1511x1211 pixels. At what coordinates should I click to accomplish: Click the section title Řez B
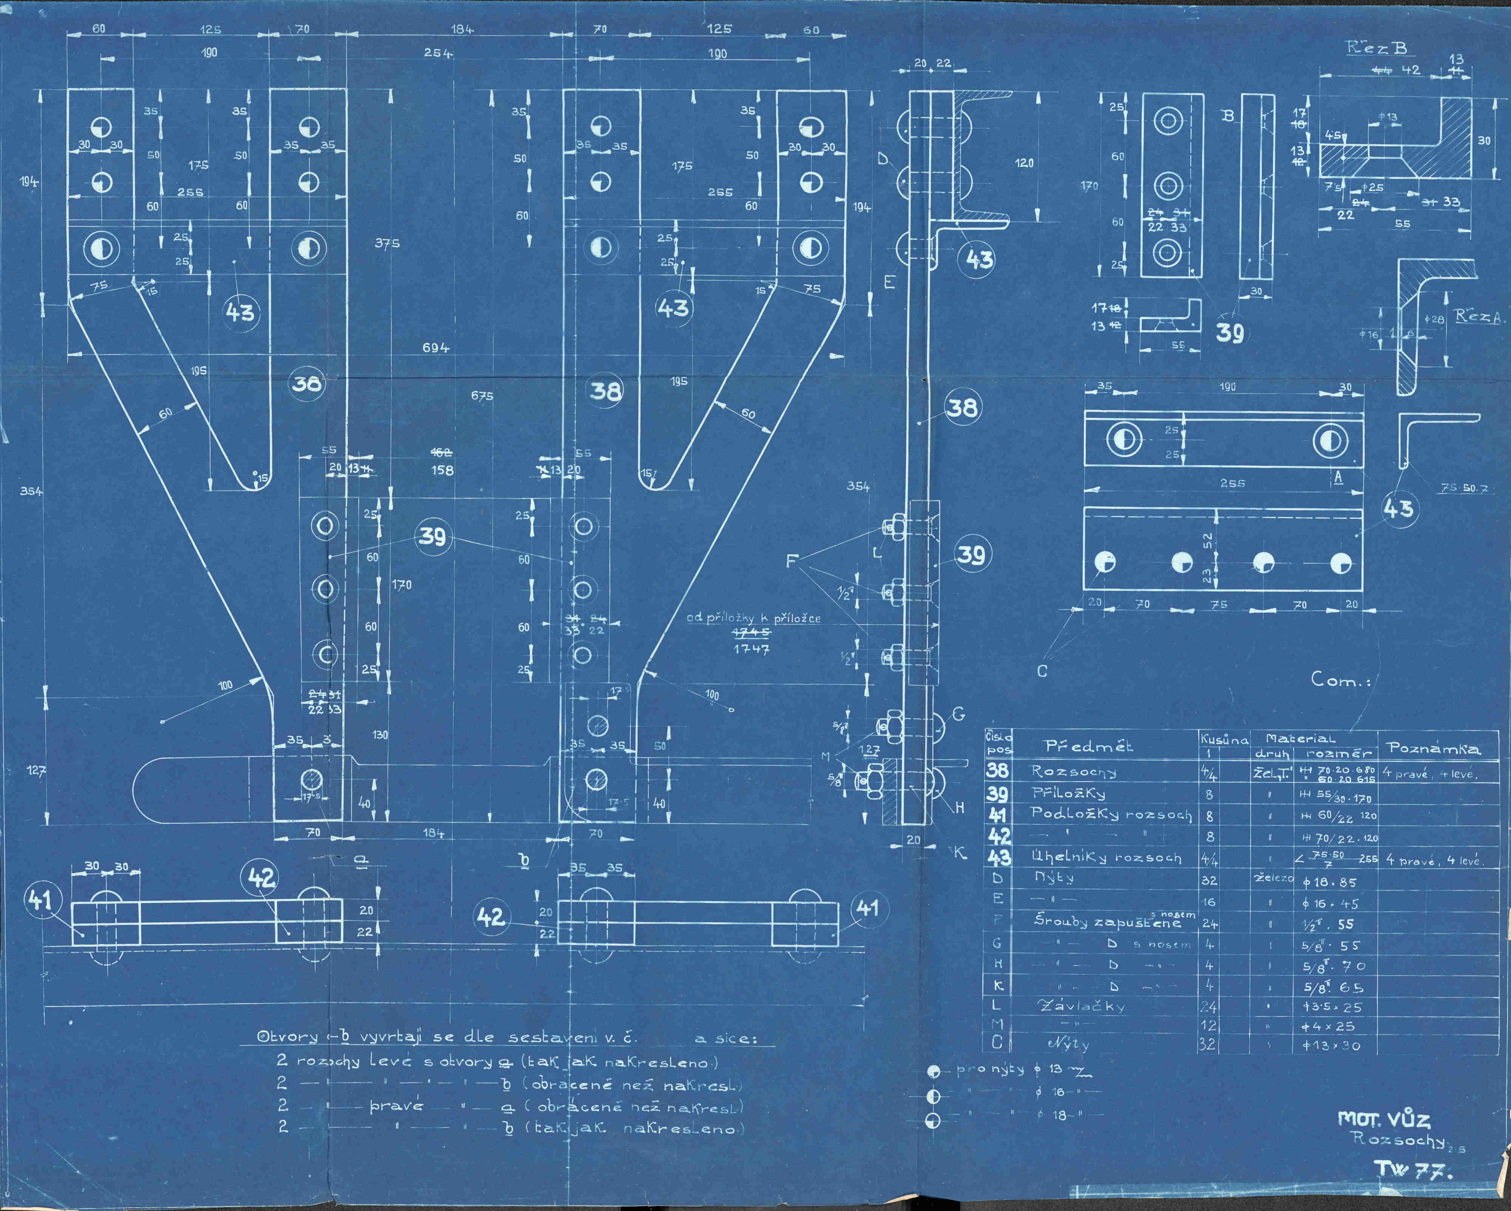click(x=1377, y=48)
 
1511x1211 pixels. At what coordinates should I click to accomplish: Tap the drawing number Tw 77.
click(x=1412, y=1168)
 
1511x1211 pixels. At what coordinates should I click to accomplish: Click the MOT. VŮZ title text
click(x=1384, y=1118)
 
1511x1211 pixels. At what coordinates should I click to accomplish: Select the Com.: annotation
click(x=1340, y=679)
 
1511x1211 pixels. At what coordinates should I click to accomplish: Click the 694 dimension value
click(x=435, y=347)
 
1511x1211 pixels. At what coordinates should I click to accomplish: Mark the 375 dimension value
click(x=387, y=243)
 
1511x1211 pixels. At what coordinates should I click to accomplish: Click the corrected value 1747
click(x=751, y=649)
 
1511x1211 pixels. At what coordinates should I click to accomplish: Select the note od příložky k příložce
click(x=753, y=618)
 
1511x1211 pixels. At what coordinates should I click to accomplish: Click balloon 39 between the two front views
click(x=433, y=537)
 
